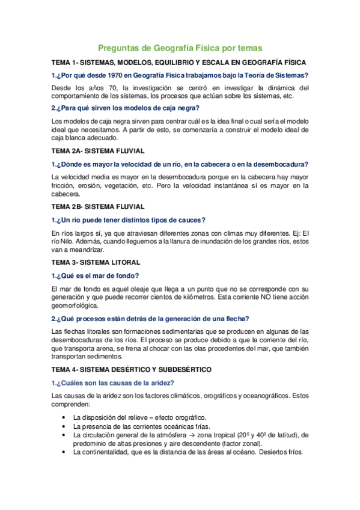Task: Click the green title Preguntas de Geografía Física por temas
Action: click(180, 48)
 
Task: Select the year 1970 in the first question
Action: click(113, 75)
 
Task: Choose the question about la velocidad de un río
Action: click(180, 164)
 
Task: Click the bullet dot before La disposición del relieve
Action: click(64, 417)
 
